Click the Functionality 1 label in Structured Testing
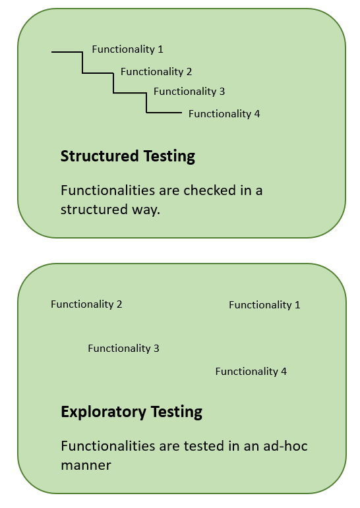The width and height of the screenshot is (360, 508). [x=127, y=49]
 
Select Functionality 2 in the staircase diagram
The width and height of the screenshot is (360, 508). [x=156, y=72]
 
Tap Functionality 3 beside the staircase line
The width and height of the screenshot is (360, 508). [x=189, y=92]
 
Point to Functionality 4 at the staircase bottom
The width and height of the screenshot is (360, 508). [x=224, y=114]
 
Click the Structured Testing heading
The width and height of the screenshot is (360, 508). [x=128, y=156]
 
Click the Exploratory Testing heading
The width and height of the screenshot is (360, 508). [x=131, y=412]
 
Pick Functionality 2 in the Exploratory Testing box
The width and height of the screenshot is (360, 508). [x=86, y=304]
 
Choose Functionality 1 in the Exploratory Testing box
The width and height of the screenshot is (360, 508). [x=264, y=305]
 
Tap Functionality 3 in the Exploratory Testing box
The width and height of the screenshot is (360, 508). [x=123, y=349]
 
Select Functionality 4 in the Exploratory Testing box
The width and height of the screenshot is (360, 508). [x=251, y=372]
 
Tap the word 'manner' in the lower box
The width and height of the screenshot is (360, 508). [x=86, y=465]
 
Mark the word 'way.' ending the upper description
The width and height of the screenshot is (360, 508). [x=145, y=210]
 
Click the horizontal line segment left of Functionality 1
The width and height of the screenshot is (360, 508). [x=67, y=51]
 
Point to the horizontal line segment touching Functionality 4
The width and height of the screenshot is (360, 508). [x=164, y=113]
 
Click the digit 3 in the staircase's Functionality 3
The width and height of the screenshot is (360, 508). [x=222, y=92]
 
